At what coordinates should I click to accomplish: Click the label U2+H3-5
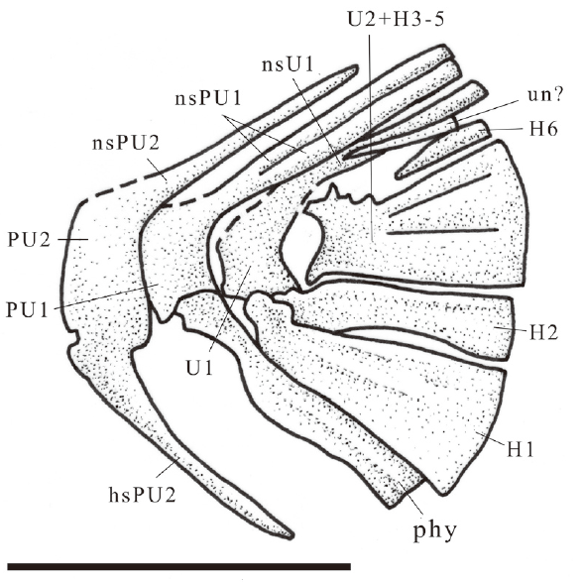pyautogui.click(x=396, y=20)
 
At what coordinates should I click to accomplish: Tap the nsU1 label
pyautogui.click(x=289, y=64)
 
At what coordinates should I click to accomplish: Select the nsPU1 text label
pyautogui.click(x=208, y=98)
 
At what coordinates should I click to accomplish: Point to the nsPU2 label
pyautogui.click(x=126, y=143)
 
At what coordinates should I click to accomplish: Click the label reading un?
pyautogui.click(x=545, y=95)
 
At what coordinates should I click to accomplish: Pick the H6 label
pyautogui.click(x=543, y=129)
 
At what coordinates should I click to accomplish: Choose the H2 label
pyautogui.click(x=543, y=332)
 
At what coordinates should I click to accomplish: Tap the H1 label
pyautogui.click(x=521, y=449)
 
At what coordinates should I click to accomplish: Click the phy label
pyautogui.click(x=435, y=530)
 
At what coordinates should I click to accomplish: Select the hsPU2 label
pyautogui.click(x=143, y=495)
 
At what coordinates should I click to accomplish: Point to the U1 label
pyautogui.click(x=199, y=368)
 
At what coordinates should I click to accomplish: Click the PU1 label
pyautogui.click(x=27, y=309)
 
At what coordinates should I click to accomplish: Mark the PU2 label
pyautogui.click(x=29, y=240)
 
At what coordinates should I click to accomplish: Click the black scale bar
pyautogui.click(x=178, y=567)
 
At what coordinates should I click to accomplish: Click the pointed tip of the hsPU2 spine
pyautogui.click(x=292, y=536)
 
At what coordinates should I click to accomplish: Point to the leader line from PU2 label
pyautogui.click(x=73, y=240)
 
